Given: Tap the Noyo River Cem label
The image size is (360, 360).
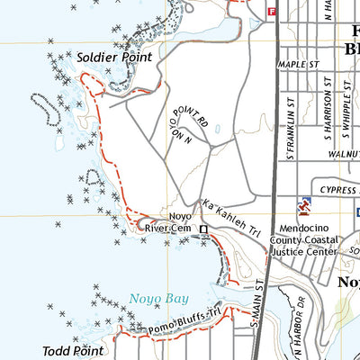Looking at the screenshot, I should (x=168, y=223).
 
